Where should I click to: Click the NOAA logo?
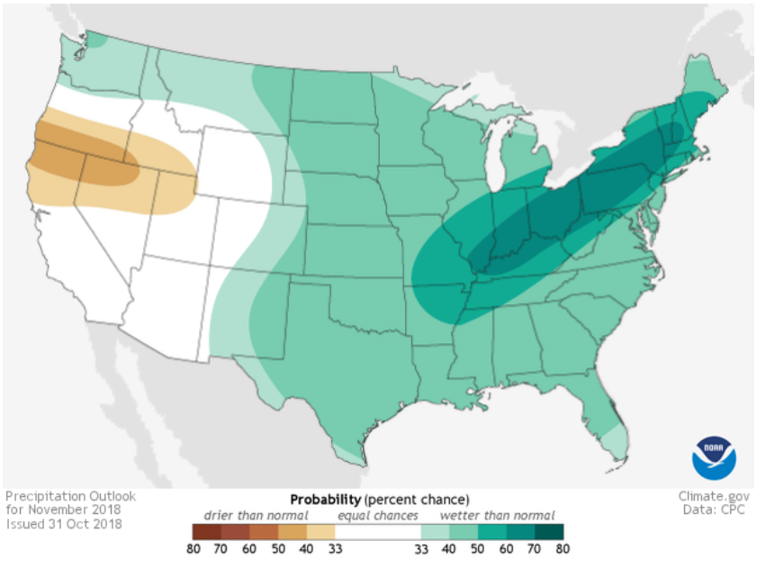714,456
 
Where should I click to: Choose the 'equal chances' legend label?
378,516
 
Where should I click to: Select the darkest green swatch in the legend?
550,531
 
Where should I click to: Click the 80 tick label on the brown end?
193,547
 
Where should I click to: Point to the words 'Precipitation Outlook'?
69,496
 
